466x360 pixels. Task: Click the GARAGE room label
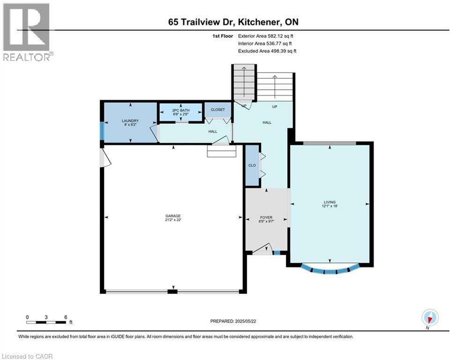(x=173, y=216)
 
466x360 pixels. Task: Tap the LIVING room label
(x=330, y=202)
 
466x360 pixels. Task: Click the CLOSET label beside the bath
(x=218, y=110)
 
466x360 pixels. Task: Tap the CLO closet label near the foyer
(x=252, y=165)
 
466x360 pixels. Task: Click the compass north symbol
(x=429, y=317)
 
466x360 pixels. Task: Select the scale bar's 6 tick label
(x=65, y=316)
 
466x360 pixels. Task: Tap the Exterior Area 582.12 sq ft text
(x=266, y=36)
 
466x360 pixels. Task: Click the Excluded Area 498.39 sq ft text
(x=267, y=51)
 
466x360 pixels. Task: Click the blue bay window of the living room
(x=330, y=270)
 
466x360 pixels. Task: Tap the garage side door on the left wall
(x=105, y=159)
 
